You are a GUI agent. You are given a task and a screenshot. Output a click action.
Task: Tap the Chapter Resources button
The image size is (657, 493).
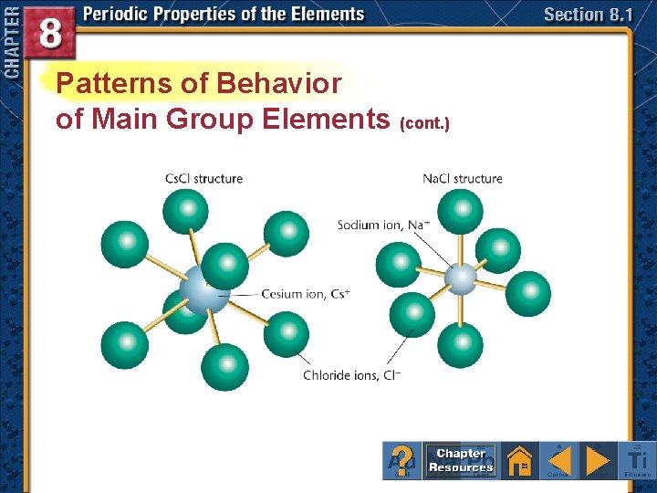point(461,460)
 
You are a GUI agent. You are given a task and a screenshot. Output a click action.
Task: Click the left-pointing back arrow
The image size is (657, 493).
point(559,460)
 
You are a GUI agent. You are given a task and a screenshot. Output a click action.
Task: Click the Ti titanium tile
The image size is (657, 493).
point(638,460)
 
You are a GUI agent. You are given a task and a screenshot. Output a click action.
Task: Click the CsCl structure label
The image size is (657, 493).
point(203,179)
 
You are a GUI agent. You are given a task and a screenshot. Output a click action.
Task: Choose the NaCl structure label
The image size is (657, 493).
point(462,179)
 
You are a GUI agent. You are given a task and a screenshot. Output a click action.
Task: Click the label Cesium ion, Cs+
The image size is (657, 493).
point(306,294)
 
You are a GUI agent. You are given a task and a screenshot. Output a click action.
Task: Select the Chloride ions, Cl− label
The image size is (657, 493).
point(352,375)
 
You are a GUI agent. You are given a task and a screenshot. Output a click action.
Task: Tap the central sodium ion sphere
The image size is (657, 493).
point(461,278)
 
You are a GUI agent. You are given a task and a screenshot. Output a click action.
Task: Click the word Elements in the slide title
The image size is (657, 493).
point(325,119)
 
